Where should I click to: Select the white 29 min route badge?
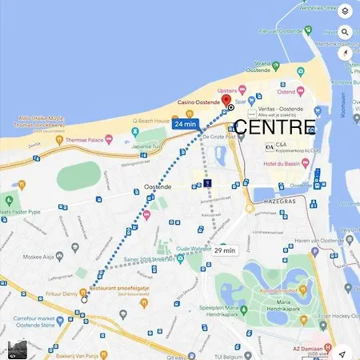pyautogui.click(x=224, y=250)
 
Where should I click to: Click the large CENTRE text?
pyautogui.click(x=274, y=128)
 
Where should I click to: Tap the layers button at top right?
pyautogui.click(x=344, y=11)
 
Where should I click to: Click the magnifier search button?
pyautogui.click(x=344, y=33)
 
